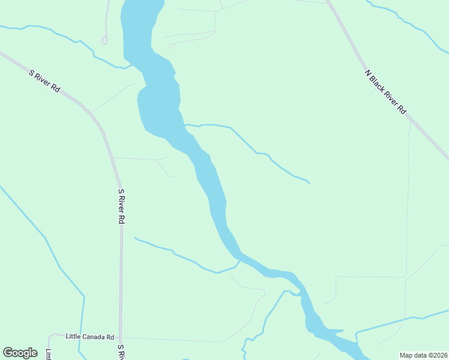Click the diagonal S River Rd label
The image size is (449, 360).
click(45, 80)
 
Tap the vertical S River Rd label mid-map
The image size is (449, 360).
click(121, 206)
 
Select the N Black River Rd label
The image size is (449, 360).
click(385, 92)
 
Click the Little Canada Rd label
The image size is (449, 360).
click(90, 337)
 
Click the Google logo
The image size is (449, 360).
click(20, 353)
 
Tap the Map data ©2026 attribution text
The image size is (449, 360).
click(423, 355)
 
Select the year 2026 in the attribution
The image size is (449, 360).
click(439, 355)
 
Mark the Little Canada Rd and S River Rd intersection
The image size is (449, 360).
click(121, 338)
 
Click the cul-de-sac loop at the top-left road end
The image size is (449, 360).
click(104, 41)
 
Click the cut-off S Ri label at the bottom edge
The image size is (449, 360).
click(121, 353)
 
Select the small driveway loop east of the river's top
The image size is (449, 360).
click(172, 46)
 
